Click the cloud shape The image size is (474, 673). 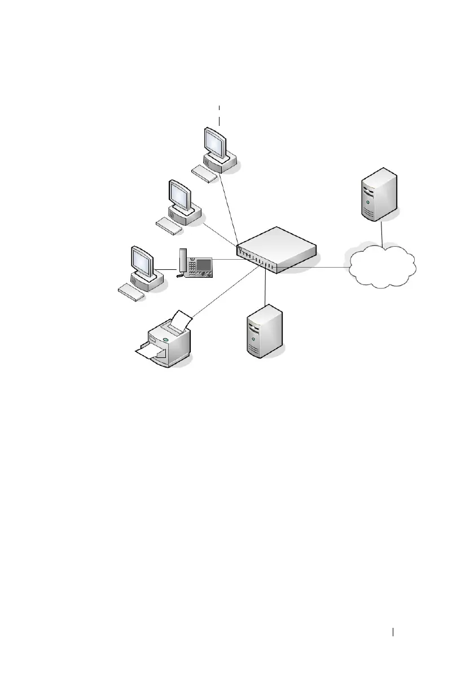click(382, 267)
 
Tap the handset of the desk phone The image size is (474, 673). click(182, 263)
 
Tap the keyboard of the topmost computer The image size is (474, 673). click(204, 174)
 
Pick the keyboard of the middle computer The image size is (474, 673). click(169, 226)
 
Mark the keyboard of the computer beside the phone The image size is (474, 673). click(131, 291)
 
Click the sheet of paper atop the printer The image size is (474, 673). click(181, 320)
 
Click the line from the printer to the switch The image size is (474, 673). click(226, 291)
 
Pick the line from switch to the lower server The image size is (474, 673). click(264, 288)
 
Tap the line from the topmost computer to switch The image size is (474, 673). click(230, 208)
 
